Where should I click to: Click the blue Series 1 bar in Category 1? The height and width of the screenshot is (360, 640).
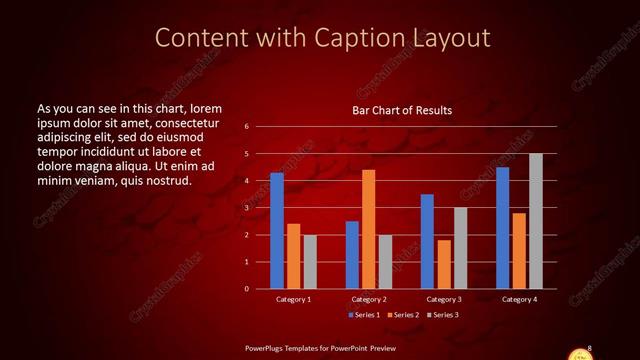point(277,231)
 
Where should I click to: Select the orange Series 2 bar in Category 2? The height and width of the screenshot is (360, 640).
point(368,229)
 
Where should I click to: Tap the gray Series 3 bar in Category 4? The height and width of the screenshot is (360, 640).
point(536,221)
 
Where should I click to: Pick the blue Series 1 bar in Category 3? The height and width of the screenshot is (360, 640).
point(427,241)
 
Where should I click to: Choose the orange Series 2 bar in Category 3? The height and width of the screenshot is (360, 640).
point(444,264)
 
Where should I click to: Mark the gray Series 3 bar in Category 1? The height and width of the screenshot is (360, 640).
point(310,261)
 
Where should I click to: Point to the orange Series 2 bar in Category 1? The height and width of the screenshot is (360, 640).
point(293,256)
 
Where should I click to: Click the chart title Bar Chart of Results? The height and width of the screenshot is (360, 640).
point(403,110)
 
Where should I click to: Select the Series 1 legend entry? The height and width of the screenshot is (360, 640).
point(364,315)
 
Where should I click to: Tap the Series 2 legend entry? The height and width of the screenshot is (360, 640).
point(403,315)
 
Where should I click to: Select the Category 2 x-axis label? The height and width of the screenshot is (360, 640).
point(369,299)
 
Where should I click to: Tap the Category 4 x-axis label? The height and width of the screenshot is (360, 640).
point(519,299)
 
